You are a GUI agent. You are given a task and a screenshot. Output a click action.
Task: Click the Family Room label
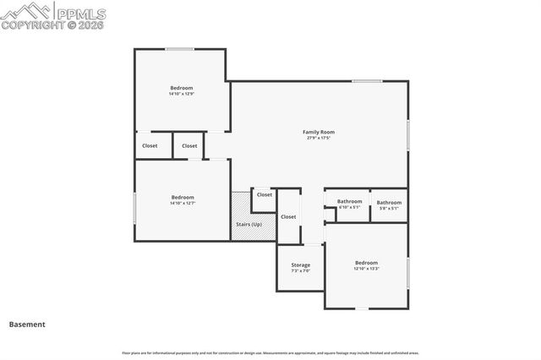(x=319, y=132)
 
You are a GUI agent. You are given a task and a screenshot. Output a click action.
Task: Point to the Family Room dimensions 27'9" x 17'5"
(x=319, y=138)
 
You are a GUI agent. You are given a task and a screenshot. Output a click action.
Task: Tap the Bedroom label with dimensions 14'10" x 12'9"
(x=181, y=88)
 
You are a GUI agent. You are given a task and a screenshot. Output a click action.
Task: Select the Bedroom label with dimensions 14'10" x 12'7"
(x=182, y=197)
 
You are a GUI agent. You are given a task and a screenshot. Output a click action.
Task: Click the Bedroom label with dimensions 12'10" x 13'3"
(x=366, y=263)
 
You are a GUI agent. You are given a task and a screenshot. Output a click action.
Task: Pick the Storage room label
(x=300, y=265)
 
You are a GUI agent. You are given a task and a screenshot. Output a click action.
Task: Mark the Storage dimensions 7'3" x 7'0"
(x=300, y=270)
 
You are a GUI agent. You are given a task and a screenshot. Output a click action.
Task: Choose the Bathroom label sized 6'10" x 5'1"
(x=349, y=201)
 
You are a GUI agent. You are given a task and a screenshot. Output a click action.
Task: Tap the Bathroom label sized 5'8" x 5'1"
(x=389, y=202)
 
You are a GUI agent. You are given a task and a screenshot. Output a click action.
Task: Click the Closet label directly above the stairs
(x=265, y=194)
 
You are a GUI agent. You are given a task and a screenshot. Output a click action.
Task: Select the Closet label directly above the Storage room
(x=288, y=216)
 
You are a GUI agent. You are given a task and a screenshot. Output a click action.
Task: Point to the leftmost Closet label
(x=150, y=145)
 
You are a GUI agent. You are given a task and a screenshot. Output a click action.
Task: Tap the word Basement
(x=27, y=324)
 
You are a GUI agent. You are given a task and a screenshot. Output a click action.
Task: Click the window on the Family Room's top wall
(x=366, y=81)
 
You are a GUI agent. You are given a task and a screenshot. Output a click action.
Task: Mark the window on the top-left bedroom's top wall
(x=179, y=49)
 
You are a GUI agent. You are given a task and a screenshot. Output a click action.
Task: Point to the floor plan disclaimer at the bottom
(x=270, y=352)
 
